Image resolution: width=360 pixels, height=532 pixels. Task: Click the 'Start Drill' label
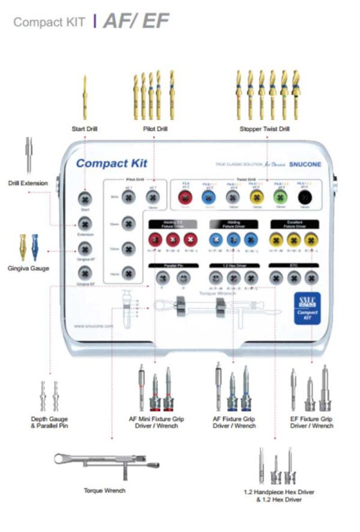pos(84,128)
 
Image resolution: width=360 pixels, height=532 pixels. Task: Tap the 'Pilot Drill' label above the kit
pos(155,128)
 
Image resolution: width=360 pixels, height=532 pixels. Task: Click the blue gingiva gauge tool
pos(35,247)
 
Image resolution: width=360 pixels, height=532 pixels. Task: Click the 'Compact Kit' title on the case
pos(112,163)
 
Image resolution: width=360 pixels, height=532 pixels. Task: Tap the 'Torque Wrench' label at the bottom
pos(105,491)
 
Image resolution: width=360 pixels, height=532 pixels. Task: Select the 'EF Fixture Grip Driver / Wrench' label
pos(311,422)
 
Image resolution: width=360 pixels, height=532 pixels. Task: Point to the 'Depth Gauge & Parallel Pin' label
pos(49,422)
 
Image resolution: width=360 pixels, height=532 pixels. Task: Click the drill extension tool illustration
pos(28,155)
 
